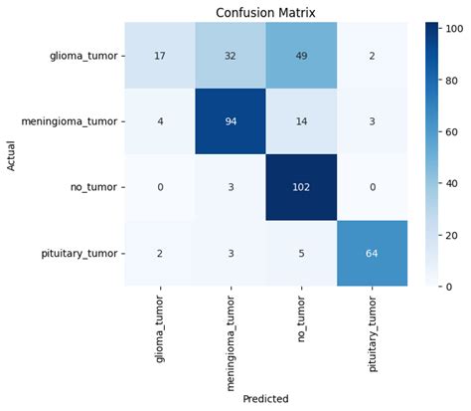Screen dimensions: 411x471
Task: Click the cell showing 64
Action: point(373,253)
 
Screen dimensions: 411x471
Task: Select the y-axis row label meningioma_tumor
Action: point(76,121)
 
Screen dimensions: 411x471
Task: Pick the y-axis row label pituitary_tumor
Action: point(83,253)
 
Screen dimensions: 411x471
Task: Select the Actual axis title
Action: point(12,154)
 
